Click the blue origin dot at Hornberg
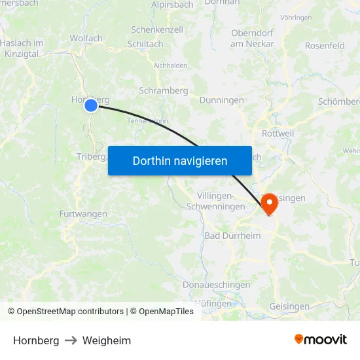point(91,105)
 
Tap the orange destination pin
point(269,204)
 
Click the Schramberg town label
point(163,91)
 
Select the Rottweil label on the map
point(278,133)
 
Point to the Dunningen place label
point(221,100)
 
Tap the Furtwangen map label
point(83,214)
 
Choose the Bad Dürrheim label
point(232,236)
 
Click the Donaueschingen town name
point(217,285)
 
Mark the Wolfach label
point(86,38)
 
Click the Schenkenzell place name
point(157,29)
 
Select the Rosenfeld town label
point(325,46)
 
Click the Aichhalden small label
point(170,65)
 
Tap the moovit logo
point(321,340)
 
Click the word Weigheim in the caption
point(107,340)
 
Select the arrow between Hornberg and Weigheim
point(71,340)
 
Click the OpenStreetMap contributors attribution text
point(69,312)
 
